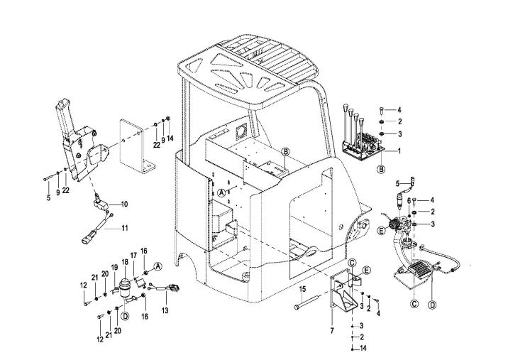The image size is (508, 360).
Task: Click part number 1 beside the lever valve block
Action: coord(399,151)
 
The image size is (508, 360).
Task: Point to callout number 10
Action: coord(124,204)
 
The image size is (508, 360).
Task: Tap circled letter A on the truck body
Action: coord(222,192)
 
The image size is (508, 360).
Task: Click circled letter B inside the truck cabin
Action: coord(286,151)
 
